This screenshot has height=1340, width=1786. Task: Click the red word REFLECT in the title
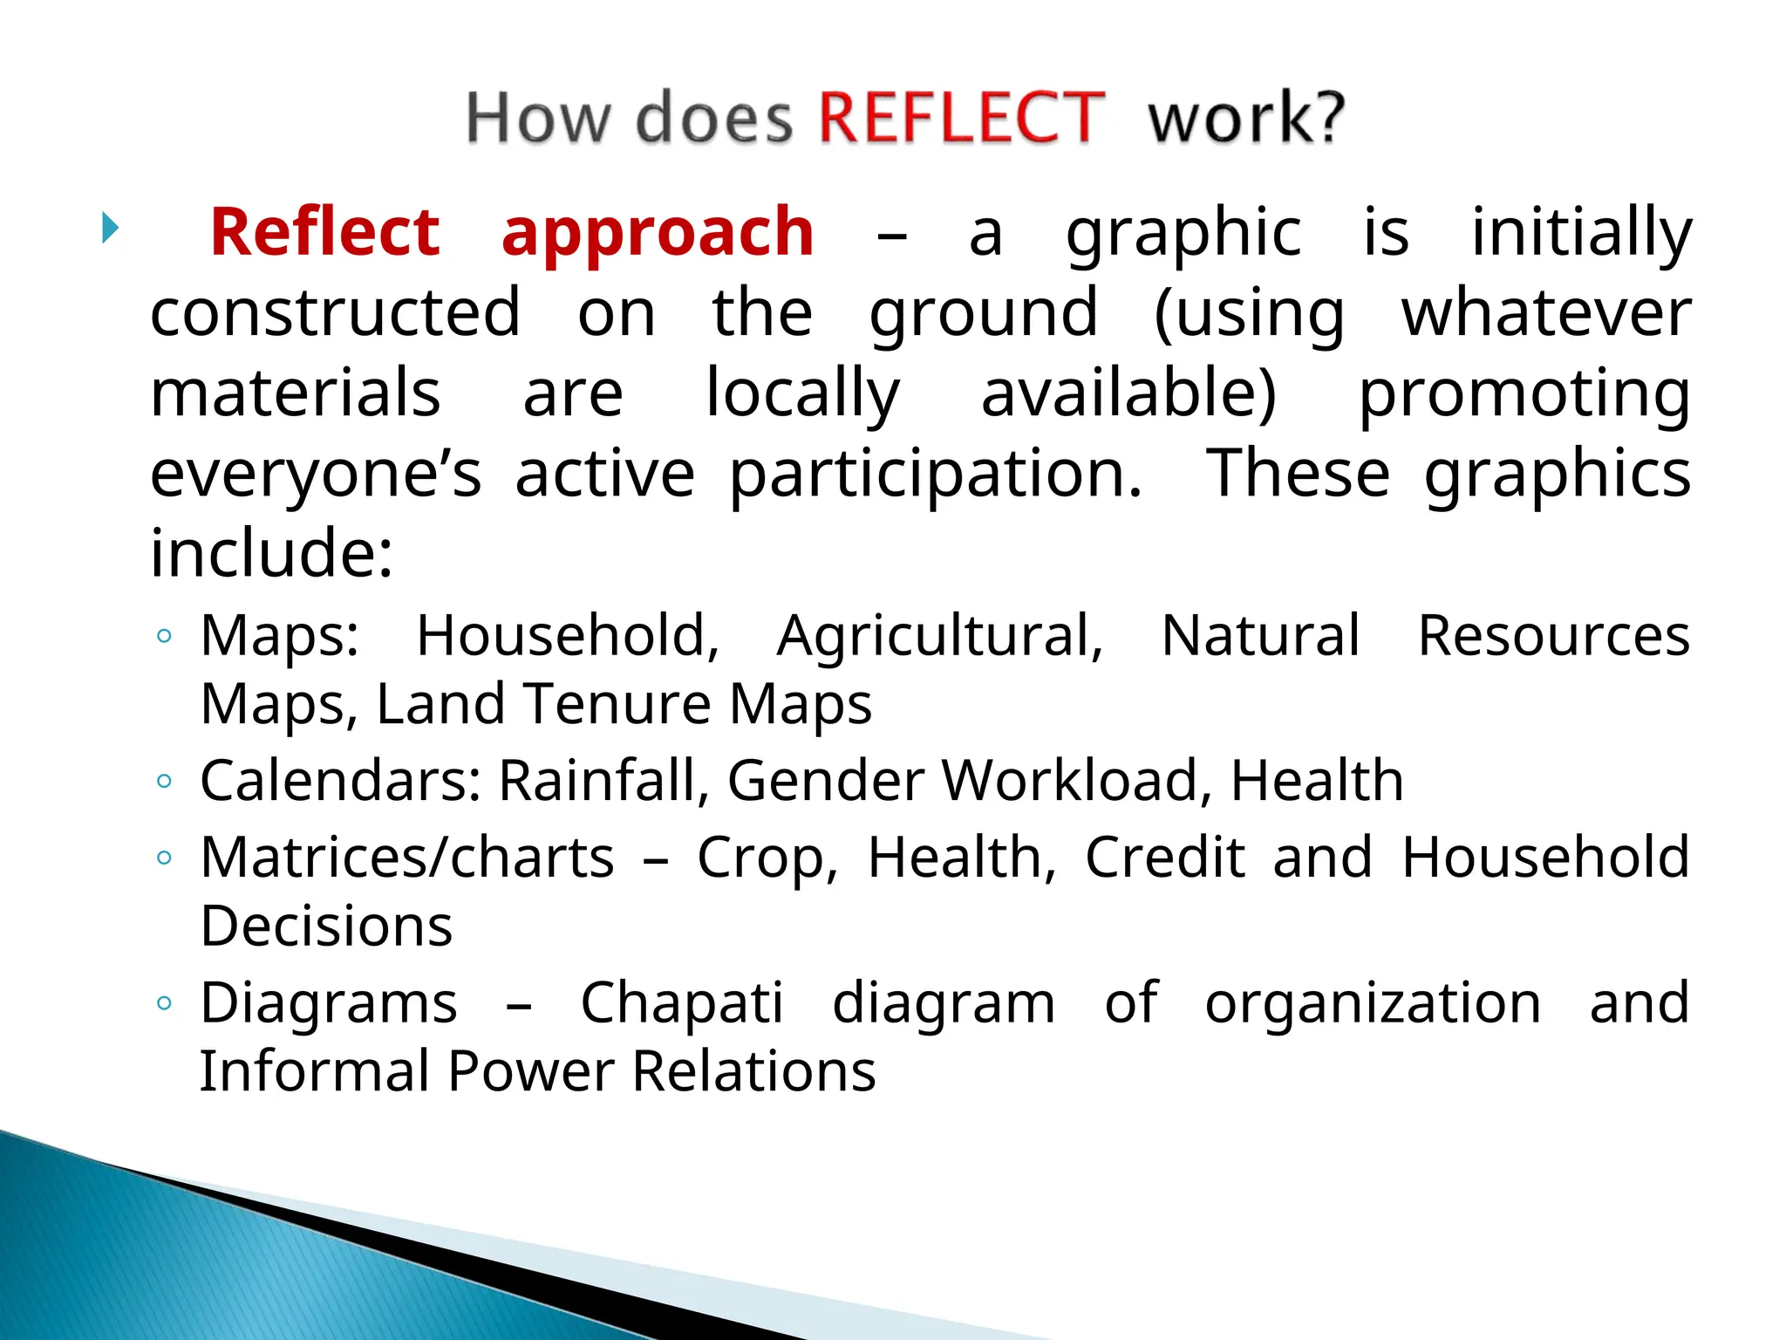[961, 118]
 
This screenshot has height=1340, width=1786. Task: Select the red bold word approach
[658, 234]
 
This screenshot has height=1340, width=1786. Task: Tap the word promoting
[1524, 394]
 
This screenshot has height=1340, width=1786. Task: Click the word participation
[935, 475]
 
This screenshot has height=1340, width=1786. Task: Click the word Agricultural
[940, 636]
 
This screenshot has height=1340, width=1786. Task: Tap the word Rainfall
[603, 781]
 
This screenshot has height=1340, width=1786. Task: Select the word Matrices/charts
[407, 858]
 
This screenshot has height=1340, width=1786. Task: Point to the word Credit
[1164, 858]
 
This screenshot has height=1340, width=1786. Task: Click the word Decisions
[326, 926]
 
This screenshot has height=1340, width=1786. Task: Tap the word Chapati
[682, 1003]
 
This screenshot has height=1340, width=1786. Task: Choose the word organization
[1373, 1003]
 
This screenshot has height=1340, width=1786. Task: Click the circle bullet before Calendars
[164, 781]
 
